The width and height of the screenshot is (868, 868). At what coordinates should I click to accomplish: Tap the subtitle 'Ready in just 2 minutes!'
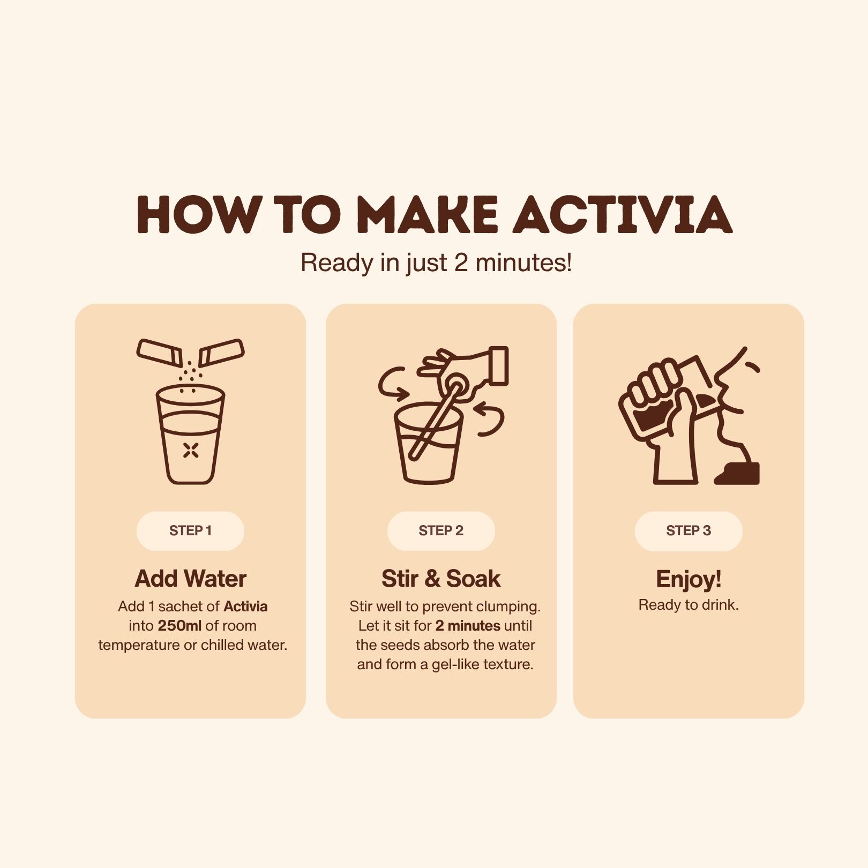436,263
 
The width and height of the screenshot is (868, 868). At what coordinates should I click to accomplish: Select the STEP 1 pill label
190,531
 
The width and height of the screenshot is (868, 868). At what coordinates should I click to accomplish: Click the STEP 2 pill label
441,531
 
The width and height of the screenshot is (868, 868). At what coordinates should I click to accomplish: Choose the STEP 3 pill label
689,531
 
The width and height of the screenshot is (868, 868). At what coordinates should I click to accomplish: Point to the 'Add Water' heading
191,579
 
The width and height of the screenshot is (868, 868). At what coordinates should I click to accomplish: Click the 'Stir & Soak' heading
441,579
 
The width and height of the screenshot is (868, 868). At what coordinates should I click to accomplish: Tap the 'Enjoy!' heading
689,579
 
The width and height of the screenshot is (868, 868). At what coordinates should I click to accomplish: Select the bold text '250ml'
179,626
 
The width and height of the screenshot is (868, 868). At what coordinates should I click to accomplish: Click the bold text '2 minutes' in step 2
468,626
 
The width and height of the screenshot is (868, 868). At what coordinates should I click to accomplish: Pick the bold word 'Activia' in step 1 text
245,607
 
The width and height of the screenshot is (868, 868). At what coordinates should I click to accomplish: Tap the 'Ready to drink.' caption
689,605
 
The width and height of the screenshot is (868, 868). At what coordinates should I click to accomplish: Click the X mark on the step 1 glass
191,451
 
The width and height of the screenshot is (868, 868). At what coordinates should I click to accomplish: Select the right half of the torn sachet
221,353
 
